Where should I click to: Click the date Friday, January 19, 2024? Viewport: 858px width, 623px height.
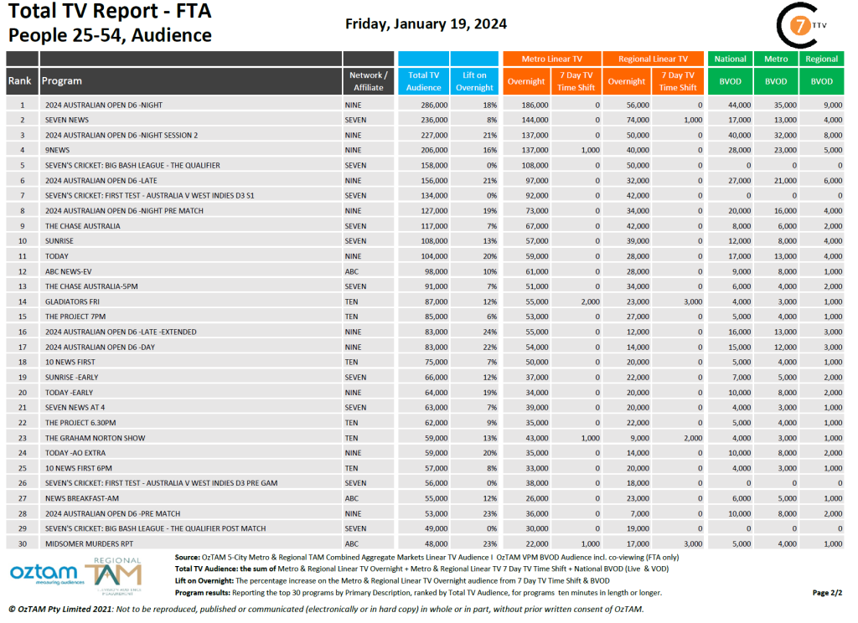point(426,23)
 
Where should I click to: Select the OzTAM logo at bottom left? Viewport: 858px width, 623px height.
point(50,576)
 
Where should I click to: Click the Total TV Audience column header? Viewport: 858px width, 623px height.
point(423,81)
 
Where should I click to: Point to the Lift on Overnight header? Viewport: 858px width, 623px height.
point(474,81)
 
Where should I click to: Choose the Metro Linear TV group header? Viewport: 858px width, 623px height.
point(551,59)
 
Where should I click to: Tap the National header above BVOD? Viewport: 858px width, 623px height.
point(730,59)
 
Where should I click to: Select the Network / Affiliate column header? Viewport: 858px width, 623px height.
point(368,81)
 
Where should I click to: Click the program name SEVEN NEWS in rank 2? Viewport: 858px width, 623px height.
point(67,120)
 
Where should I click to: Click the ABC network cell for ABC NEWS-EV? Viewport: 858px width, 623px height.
point(352,271)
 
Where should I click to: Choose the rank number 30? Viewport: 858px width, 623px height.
point(23,543)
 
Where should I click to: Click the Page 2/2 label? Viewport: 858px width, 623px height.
point(826,593)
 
